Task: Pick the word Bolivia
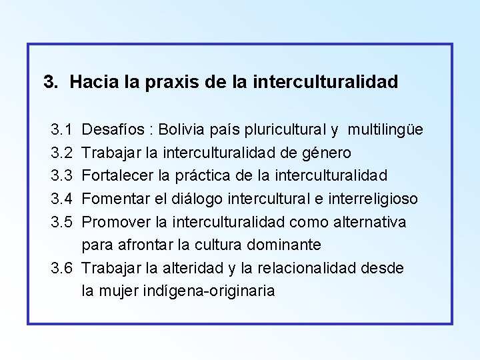tap(191, 127)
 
